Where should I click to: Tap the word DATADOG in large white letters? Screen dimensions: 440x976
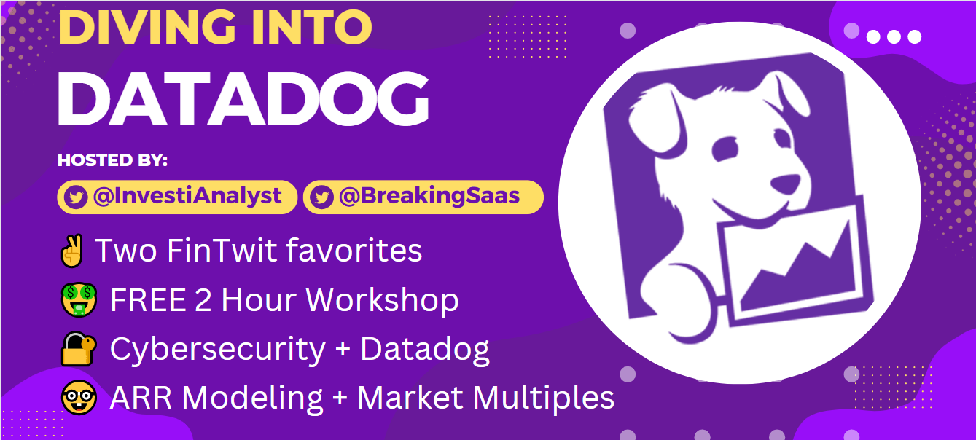(243, 100)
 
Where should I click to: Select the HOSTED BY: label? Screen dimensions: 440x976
(112, 160)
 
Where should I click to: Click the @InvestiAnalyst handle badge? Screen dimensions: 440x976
(177, 197)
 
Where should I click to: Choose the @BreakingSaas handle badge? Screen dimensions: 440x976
(423, 197)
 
